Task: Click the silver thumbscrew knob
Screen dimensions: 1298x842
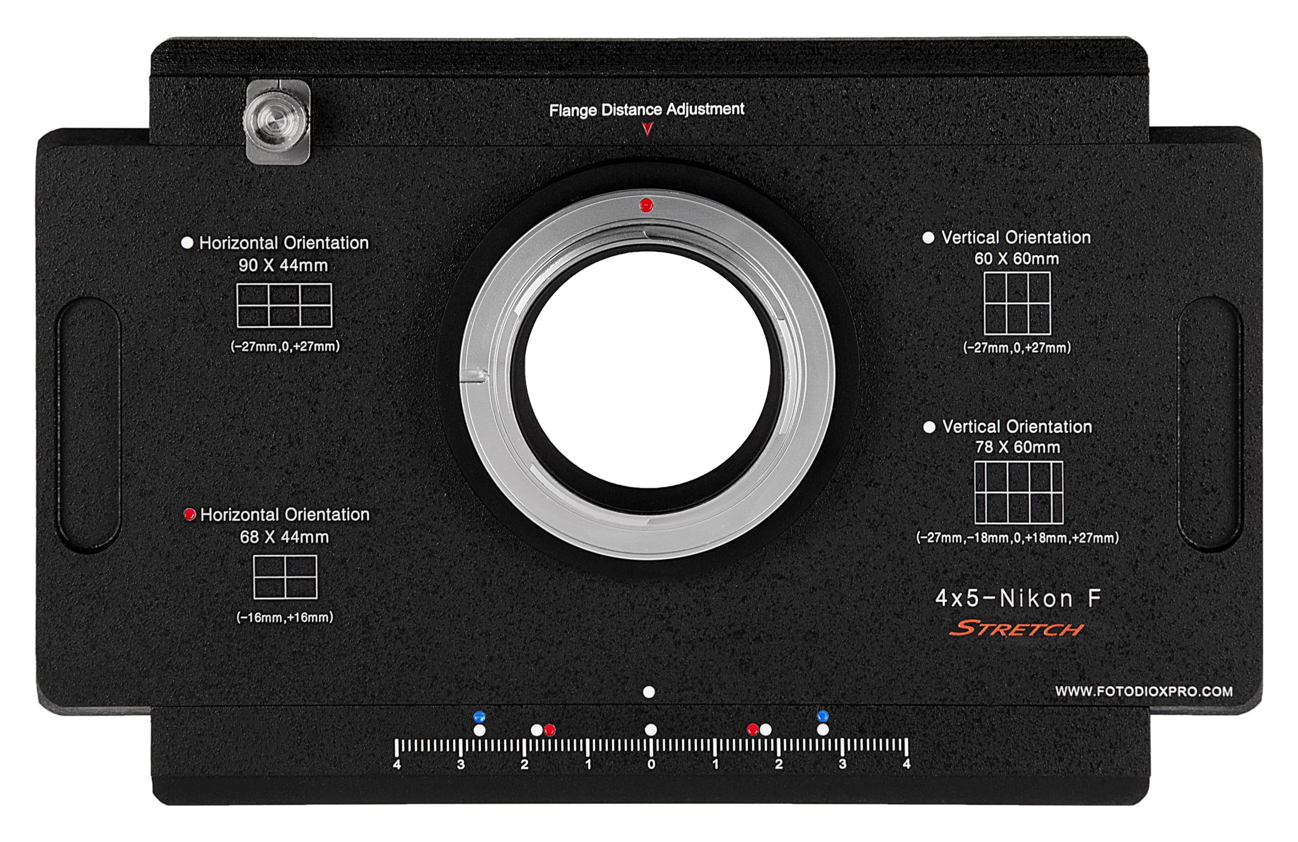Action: pos(276,121)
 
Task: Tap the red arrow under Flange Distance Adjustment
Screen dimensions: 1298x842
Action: pos(647,129)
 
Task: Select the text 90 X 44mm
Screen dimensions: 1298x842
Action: pos(283,266)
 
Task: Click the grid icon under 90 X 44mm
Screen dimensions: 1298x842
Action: pos(284,305)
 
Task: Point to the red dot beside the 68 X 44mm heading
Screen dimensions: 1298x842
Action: pos(190,514)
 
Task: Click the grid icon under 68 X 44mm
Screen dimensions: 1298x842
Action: pos(285,577)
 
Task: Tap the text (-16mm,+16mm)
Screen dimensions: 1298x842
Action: pos(284,617)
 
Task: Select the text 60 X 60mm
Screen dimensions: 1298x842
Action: pos(1017,259)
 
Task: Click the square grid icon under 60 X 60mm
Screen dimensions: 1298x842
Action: pos(1017,303)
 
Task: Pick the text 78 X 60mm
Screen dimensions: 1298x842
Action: pos(1018,447)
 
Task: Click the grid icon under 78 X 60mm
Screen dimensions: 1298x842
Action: pos(1019,492)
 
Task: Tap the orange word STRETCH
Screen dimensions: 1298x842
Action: pos(1017,629)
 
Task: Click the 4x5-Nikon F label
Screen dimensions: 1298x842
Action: pos(1018,598)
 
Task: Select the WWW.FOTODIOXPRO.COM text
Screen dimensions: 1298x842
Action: pos(1144,691)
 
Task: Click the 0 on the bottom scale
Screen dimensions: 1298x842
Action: pos(651,764)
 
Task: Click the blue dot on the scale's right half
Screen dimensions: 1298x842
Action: pos(823,715)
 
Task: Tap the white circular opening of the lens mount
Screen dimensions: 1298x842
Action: pos(648,370)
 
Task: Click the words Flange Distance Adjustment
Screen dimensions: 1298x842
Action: pos(646,109)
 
